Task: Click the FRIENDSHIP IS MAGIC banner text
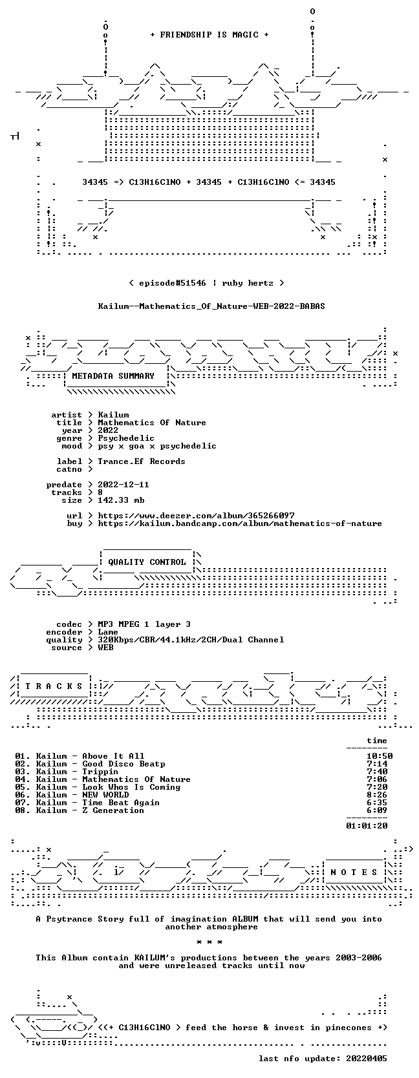pyautogui.click(x=209, y=35)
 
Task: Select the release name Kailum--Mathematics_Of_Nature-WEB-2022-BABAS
pyautogui.click(x=211, y=306)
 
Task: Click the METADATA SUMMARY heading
pyautogui.click(x=113, y=376)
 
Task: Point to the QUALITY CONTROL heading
pyautogui.click(x=147, y=562)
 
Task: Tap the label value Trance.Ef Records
pyautogui.click(x=142, y=461)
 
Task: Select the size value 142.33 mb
pyautogui.click(x=121, y=500)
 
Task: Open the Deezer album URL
pyautogui.click(x=196, y=516)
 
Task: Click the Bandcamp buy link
pyautogui.click(x=240, y=523)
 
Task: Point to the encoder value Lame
pyautogui.click(x=108, y=632)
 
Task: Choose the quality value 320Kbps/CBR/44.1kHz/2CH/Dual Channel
pyautogui.click(x=191, y=640)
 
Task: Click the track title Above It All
pyautogui.click(x=113, y=756)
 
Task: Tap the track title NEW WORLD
pyautogui.click(x=105, y=795)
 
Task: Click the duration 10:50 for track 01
pyautogui.click(x=380, y=756)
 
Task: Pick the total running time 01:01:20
pyautogui.click(x=367, y=826)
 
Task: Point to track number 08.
pyautogui.click(x=20, y=810)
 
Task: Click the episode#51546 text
pyautogui.click(x=173, y=283)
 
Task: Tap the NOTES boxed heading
pyautogui.click(x=354, y=872)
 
